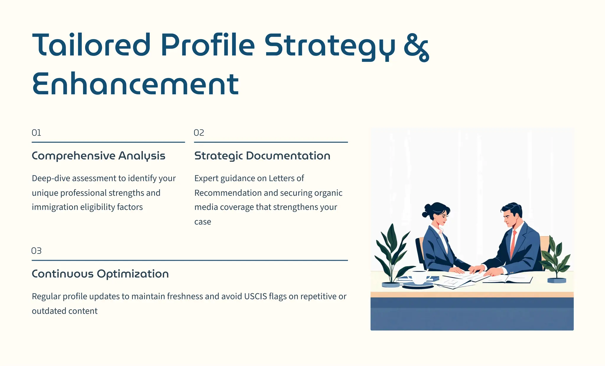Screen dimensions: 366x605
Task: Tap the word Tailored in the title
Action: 92,45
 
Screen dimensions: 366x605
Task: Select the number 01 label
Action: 36,133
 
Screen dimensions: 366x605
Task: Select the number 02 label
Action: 199,133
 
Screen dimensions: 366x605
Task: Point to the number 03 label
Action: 36,251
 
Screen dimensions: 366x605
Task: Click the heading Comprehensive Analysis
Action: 98,156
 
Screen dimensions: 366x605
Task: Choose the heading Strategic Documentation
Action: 262,156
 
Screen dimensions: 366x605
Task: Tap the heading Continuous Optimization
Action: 100,274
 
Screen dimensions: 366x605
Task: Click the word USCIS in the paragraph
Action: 255,297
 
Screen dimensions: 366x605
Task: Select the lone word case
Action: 203,222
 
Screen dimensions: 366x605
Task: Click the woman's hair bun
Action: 426,210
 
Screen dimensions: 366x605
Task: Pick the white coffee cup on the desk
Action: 419,278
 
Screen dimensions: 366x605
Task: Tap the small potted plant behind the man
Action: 556,260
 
